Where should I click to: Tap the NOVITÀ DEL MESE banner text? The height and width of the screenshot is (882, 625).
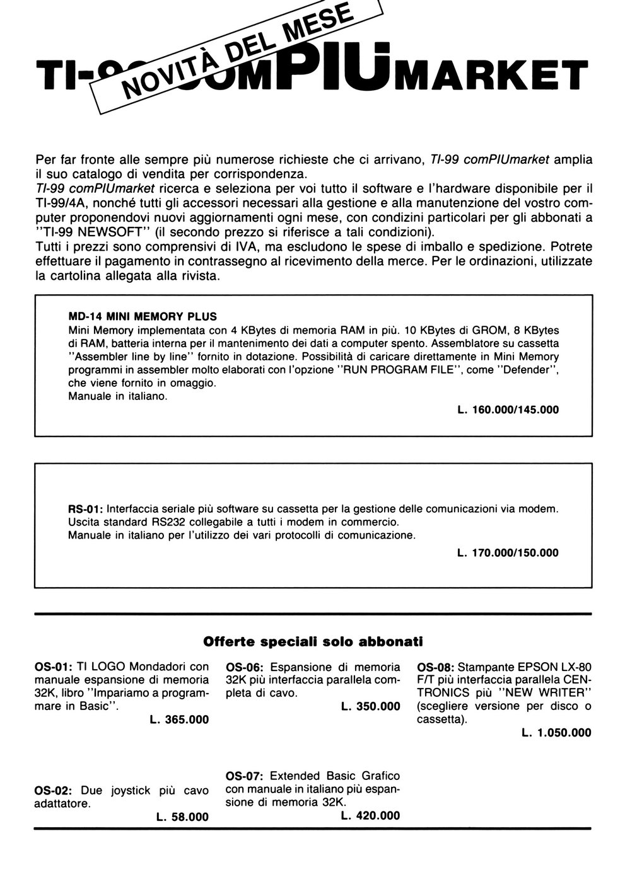coord(237,53)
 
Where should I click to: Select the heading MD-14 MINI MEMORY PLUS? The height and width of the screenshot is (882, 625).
coord(142,316)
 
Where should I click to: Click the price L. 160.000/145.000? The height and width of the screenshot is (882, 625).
coord(508,409)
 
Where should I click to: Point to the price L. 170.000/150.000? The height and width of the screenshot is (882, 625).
coord(508,553)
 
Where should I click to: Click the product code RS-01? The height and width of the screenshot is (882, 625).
coord(86,508)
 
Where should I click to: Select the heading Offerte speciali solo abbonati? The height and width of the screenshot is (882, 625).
coord(312,642)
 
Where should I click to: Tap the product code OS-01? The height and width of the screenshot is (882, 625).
coord(54,667)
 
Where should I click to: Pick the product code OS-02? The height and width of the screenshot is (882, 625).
coord(54,790)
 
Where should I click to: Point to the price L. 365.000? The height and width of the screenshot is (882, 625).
coord(179,719)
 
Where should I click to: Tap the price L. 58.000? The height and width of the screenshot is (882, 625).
coord(182,817)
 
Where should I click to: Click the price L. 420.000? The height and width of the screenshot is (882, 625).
coord(370,815)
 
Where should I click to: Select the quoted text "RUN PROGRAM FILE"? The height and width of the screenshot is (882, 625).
coord(404,370)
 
